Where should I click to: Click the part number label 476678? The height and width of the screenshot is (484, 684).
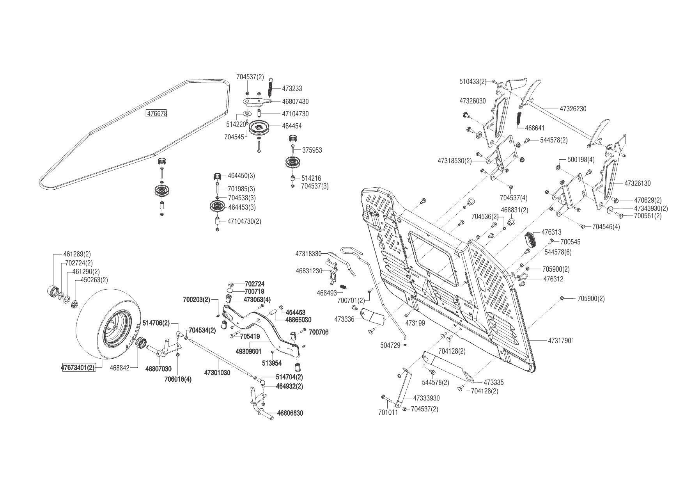pyautogui.click(x=157, y=114)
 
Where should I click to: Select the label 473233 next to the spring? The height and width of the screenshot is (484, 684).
pyautogui.click(x=292, y=89)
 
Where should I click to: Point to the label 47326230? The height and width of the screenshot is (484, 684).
pyautogui.click(x=573, y=109)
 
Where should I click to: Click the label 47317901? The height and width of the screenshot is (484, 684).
pyautogui.click(x=561, y=341)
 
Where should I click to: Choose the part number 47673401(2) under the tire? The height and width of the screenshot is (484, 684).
pyautogui.click(x=78, y=368)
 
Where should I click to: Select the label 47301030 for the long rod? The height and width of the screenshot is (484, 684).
pyautogui.click(x=217, y=373)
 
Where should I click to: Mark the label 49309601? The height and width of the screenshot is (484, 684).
pyautogui.click(x=248, y=352)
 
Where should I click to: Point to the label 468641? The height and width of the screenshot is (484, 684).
pyautogui.click(x=535, y=128)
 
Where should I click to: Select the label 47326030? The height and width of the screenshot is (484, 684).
pyautogui.click(x=473, y=101)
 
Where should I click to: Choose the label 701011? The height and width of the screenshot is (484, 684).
pyautogui.click(x=388, y=412)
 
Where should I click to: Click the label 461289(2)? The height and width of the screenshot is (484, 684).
pyautogui.click(x=77, y=254)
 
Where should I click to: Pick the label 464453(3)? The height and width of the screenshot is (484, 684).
pyautogui.click(x=241, y=207)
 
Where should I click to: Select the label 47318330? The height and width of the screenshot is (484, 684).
pyautogui.click(x=308, y=254)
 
